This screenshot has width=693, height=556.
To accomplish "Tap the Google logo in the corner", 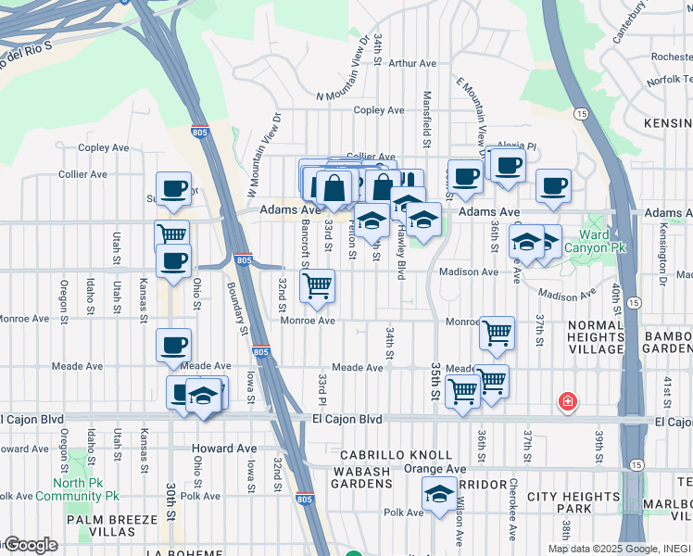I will [x=31, y=545].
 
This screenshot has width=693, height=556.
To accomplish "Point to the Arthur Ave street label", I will [x=412, y=64].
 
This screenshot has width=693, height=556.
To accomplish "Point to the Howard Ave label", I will [x=224, y=449].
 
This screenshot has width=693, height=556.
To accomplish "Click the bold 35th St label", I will [x=434, y=381].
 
